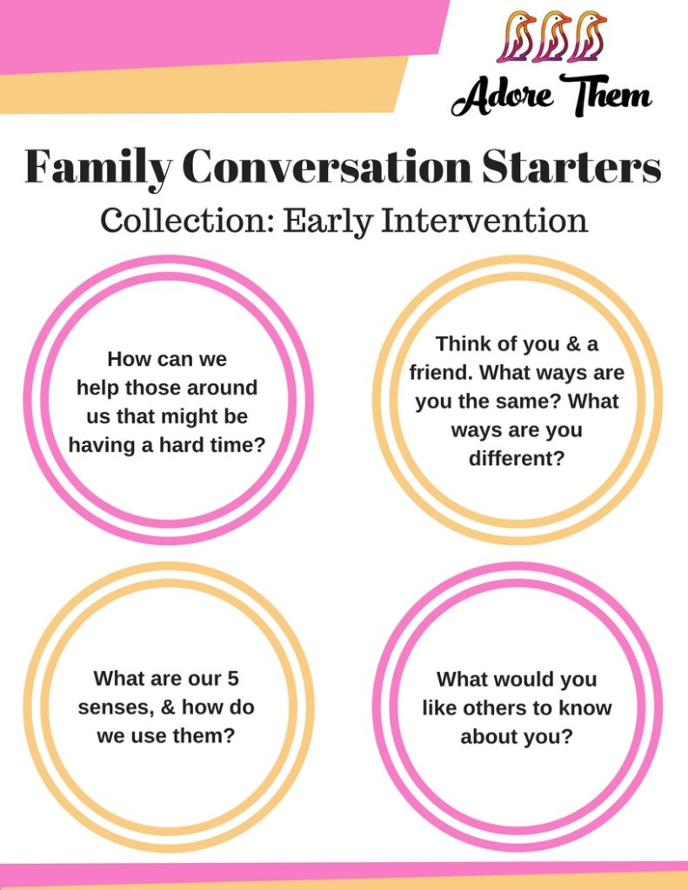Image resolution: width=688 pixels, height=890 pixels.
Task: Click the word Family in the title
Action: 97,167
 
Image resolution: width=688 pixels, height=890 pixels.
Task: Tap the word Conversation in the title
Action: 327,166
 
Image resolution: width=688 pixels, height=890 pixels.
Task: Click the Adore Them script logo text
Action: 551,95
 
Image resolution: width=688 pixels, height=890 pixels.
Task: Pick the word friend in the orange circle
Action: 442,372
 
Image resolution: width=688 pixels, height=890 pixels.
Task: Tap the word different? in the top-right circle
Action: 517,458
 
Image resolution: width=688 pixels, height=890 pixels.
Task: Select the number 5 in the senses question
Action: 233,678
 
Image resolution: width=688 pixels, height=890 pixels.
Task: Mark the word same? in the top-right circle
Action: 527,402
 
